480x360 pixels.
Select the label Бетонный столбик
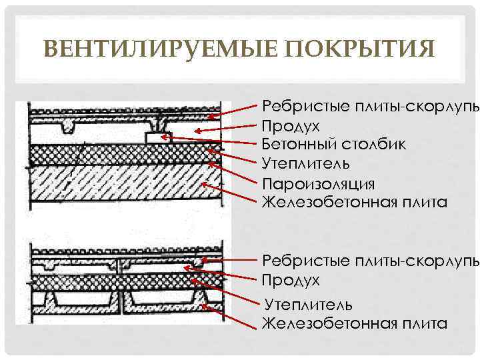click(x=333, y=144)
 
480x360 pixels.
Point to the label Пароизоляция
click(x=319, y=183)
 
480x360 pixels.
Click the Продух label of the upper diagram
click(x=291, y=125)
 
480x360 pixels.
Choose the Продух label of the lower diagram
click(x=291, y=280)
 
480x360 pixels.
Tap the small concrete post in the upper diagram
click(x=159, y=137)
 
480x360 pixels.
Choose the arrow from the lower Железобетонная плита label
click(x=233, y=317)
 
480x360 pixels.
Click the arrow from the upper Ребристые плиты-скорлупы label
click(x=233, y=111)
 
